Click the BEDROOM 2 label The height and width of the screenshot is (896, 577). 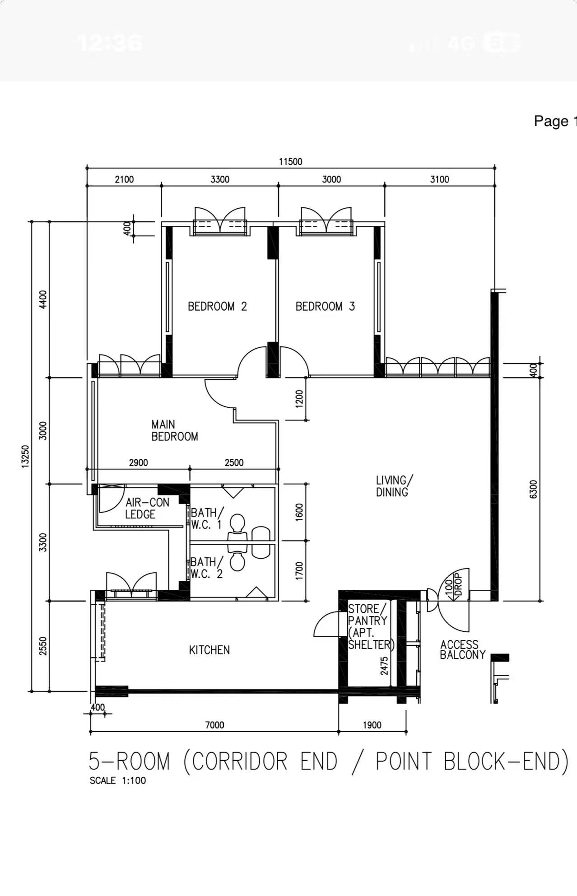[217, 307]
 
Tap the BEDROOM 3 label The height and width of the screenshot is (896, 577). [325, 307]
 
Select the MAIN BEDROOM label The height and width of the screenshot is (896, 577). [174, 430]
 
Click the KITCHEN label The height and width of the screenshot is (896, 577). [209, 650]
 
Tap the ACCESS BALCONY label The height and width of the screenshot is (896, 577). [463, 650]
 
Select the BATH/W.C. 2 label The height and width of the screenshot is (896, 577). [207, 568]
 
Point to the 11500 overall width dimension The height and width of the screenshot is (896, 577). [290, 162]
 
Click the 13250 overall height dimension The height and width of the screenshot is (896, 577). [25, 456]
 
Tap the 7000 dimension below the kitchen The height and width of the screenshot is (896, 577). [214, 725]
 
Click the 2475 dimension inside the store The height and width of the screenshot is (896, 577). [384, 666]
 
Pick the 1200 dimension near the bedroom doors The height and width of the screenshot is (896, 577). [299, 399]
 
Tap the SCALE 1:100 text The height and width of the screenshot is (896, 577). [118, 780]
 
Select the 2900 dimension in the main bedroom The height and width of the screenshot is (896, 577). [138, 462]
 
